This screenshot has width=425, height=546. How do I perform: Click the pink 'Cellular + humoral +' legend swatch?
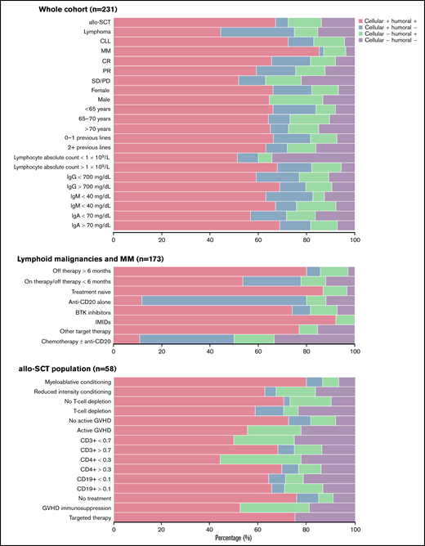point(363,19)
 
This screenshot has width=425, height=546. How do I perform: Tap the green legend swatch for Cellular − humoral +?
point(363,32)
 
